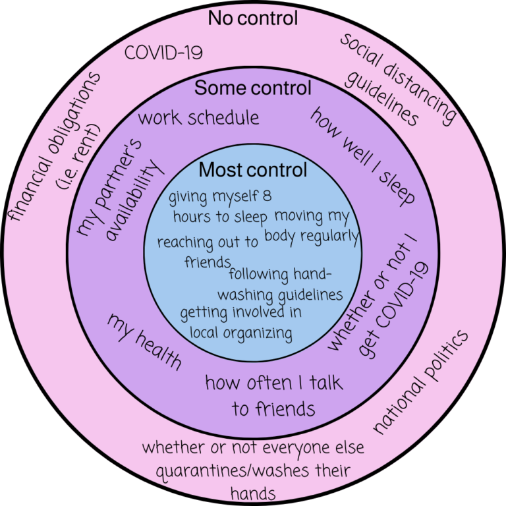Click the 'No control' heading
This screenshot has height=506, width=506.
pos(253,18)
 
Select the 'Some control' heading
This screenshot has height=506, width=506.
pos(253,88)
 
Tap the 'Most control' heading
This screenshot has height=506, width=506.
pos(253,170)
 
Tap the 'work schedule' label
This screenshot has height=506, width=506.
pos(198,118)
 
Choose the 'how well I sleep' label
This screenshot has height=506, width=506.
pos(362,155)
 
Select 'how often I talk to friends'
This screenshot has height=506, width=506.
pos(273,395)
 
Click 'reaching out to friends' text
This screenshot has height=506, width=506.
pos(207,250)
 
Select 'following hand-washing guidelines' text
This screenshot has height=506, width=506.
pos(285,285)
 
